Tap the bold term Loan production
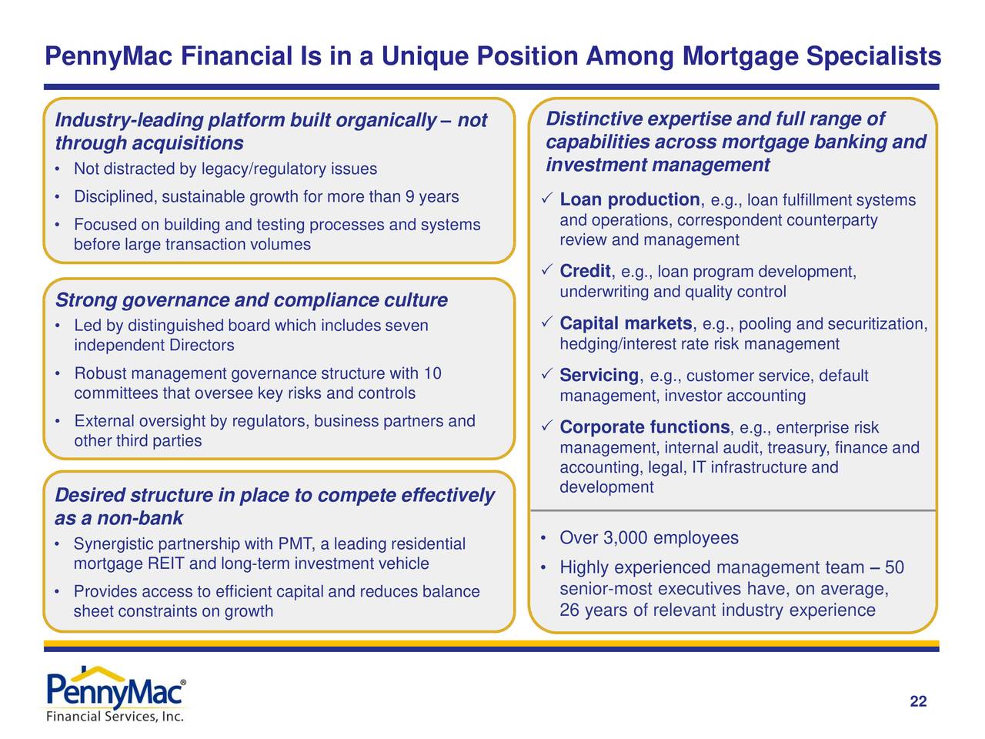tap(629, 200)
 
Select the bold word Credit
tap(585, 272)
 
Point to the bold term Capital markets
tap(626, 323)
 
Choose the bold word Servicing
tap(599, 376)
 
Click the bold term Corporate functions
tap(644, 427)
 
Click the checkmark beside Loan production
tap(545, 200)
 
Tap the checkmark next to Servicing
tap(545, 375)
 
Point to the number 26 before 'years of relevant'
tap(569, 610)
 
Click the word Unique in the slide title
tap(424, 56)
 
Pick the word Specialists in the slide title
tap(873, 56)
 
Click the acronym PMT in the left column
tap(294, 545)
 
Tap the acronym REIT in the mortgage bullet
tap(166, 564)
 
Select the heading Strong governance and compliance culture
tap(251, 300)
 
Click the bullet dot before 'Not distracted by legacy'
tap(58, 169)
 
